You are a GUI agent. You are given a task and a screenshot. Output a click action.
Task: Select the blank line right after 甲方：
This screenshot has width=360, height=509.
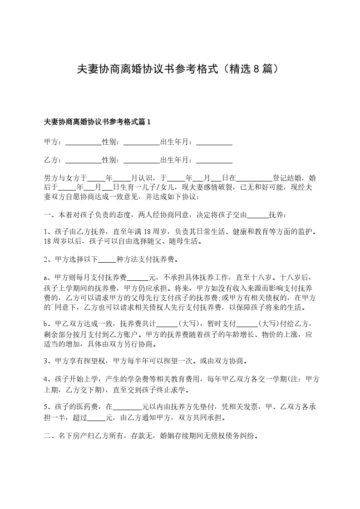pos(84,142)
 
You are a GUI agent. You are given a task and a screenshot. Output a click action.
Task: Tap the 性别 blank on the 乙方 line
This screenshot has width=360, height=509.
pos(141,160)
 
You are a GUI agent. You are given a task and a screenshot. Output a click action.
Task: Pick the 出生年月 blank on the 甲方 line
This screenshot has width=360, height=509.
pos(214,142)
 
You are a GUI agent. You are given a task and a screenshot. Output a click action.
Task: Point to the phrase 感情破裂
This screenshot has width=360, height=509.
pos(220,187)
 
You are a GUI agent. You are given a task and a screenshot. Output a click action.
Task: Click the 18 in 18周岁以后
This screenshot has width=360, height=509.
pos(48,241)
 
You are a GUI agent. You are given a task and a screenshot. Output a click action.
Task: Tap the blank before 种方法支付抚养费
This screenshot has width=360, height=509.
pos(108,260)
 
